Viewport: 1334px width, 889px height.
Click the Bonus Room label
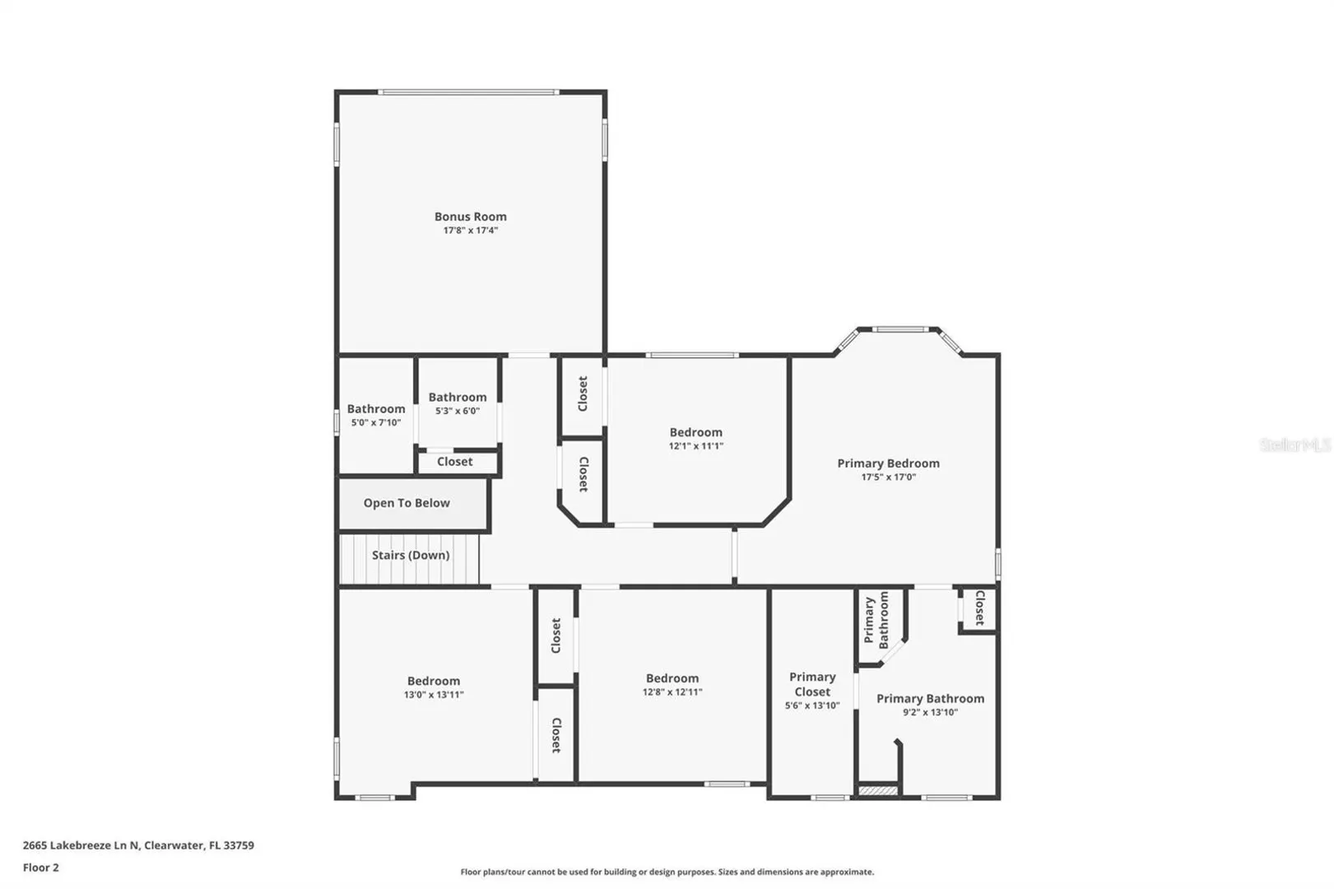coord(470,216)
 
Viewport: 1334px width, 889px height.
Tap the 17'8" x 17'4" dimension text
coord(470,230)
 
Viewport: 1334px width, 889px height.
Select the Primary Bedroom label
coord(888,463)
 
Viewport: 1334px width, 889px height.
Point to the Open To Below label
coord(407,503)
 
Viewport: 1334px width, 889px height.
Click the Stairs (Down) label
coord(411,556)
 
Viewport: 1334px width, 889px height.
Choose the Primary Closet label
coord(812,684)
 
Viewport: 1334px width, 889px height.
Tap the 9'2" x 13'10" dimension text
coord(930,712)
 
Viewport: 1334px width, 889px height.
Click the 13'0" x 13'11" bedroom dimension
coord(434,694)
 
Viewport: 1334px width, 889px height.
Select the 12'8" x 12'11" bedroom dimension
coord(672,691)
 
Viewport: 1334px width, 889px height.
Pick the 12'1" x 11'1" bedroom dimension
coord(695,445)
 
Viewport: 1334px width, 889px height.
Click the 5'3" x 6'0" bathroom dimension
coord(458,411)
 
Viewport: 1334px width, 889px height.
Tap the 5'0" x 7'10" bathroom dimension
coord(376,422)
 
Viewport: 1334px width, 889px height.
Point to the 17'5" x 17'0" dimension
coord(888,477)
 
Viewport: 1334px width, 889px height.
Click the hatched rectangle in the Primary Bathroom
coord(878,790)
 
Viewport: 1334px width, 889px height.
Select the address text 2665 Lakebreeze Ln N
coord(81,845)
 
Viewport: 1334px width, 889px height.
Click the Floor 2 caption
coord(40,868)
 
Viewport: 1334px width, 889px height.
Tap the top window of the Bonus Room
coord(468,92)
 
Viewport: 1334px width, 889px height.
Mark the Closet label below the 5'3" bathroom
coord(454,462)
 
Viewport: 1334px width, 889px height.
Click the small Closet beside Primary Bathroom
coord(979,607)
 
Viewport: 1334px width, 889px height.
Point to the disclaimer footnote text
coord(667,872)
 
